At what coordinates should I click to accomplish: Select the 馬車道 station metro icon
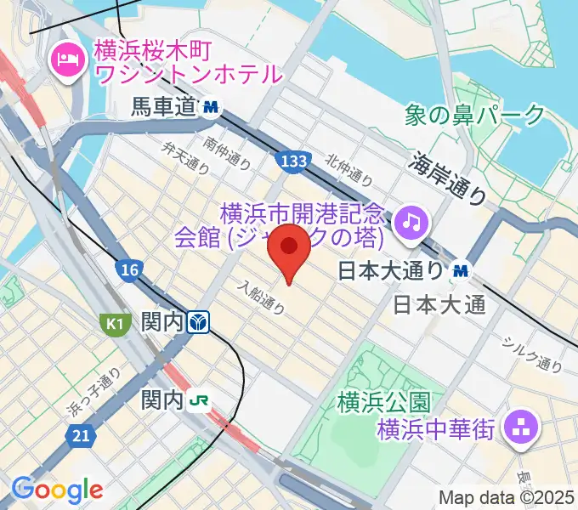coord(210,107)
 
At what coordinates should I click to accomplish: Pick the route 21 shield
coord(81,434)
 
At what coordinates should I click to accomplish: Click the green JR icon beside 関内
coord(201,399)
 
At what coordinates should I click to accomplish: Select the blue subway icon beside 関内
coord(199,321)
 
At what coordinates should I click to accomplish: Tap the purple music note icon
coord(411,222)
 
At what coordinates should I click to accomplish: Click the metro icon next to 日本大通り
coord(461,270)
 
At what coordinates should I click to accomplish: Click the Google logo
coord(57,490)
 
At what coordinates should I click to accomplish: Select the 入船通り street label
coord(262,297)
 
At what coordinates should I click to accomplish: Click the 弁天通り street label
coord(185,158)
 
